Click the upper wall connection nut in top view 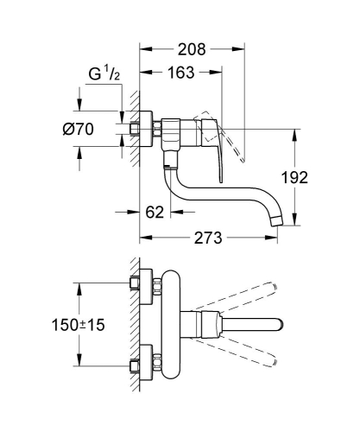pos(136,284)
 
